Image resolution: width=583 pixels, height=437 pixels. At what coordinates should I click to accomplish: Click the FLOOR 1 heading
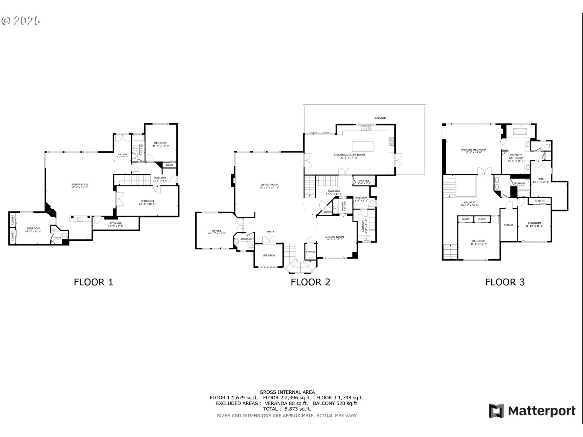[93, 282]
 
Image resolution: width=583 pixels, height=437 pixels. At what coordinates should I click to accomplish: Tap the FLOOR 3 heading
[505, 282]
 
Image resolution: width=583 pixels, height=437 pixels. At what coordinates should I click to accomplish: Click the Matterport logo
[532, 411]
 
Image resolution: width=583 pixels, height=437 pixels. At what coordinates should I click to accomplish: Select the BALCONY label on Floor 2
[380, 118]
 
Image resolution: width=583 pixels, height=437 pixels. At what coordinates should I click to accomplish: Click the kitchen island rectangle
[363, 146]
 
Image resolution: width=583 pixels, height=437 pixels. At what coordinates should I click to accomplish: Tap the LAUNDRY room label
[364, 226]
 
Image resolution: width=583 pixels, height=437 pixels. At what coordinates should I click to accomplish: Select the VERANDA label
[268, 256]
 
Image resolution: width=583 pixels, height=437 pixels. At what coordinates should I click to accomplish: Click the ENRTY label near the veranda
[270, 232]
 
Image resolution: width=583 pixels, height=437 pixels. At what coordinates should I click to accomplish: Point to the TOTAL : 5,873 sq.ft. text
[287, 409]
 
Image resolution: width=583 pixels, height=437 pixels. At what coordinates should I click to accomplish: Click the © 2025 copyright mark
[21, 21]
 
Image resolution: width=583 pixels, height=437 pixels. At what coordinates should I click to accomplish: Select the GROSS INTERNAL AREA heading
[287, 392]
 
